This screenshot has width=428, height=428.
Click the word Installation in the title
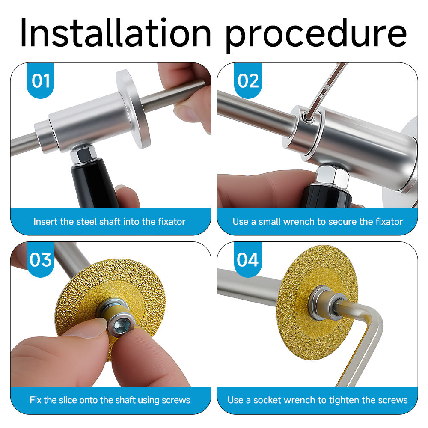pyautogui.click(x=116, y=33)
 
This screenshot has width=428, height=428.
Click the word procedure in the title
pyautogui.click(x=316, y=36)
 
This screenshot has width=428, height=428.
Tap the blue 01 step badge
pyautogui.click(x=40, y=80)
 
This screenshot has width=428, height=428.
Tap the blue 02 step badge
pyautogui.click(x=248, y=80)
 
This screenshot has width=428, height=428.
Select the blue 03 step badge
pyautogui.click(x=40, y=259)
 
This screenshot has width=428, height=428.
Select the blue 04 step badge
pyautogui.click(x=248, y=259)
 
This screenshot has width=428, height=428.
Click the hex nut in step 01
pyautogui.click(x=83, y=154)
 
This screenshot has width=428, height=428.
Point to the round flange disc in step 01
pyautogui.click(x=133, y=109)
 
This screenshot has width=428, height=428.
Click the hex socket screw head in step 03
pyautogui.click(x=122, y=325)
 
